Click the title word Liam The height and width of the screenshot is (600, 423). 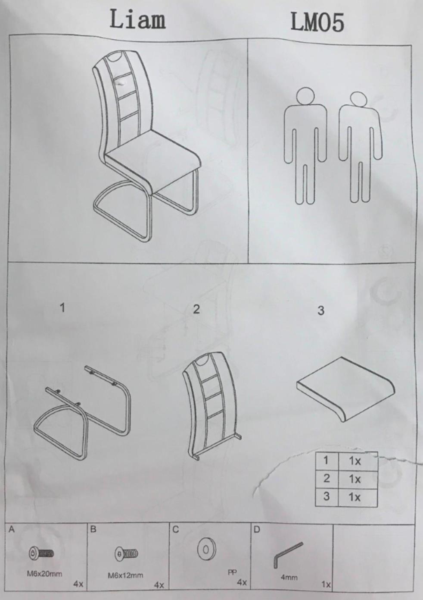(x=137, y=19)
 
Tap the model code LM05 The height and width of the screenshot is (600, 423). (x=317, y=22)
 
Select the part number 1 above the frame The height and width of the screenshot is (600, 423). (x=62, y=308)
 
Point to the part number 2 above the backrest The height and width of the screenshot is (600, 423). (x=196, y=309)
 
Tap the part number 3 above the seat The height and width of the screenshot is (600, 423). (x=321, y=311)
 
